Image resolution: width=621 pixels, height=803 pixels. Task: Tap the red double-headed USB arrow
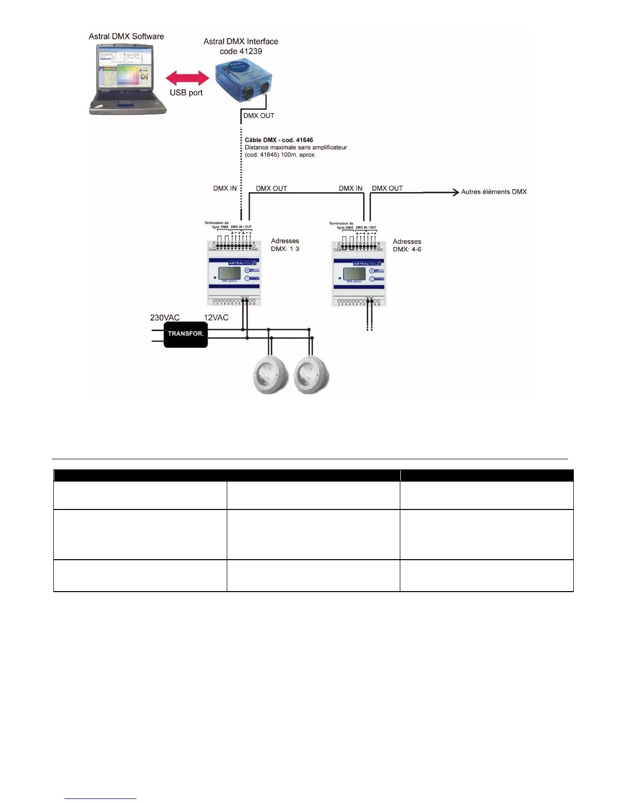[x=187, y=78]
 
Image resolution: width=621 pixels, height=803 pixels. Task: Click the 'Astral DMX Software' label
[x=126, y=36]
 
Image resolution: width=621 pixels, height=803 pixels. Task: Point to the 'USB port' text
[x=186, y=93]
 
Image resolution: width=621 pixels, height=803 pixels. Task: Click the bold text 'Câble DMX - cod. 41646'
[x=279, y=140]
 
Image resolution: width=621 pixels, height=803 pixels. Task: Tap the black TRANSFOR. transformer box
[x=186, y=334]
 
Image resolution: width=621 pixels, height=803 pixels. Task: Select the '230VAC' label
[x=165, y=318]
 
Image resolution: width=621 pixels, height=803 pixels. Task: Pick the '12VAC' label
[x=216, y=318]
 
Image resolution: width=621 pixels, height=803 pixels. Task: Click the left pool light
[x=271, y=376]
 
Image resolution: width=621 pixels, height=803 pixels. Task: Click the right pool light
[x=312, y=376]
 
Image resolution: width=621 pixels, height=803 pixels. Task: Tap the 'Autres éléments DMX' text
[x=494, y=192]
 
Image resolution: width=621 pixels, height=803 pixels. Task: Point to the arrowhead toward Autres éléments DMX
[x=455, y=192]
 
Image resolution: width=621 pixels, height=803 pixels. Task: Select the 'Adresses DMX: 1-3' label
[x=285, y=245]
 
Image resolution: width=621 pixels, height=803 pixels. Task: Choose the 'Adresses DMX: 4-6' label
[x=407, y=245]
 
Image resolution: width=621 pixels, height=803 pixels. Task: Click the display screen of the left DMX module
[x=229, y=273]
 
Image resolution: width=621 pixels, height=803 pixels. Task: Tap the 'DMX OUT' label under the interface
[x=259, y=116]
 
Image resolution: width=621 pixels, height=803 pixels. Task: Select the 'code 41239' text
[x=241, y=51]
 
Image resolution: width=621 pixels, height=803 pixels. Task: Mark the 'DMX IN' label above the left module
[x=225, y=188]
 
